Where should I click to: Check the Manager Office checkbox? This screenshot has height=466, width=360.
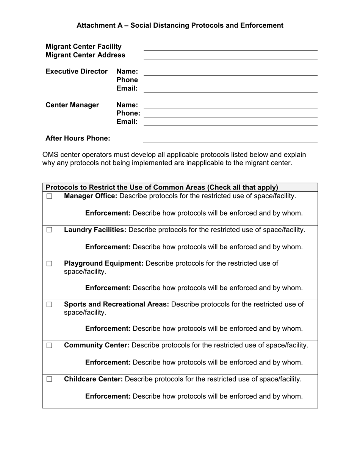point(49,196)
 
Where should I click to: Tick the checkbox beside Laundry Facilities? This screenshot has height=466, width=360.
point(49,230)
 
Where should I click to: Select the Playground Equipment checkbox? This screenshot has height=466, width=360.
point(49,264)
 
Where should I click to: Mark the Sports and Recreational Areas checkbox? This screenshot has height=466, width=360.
point(49,305)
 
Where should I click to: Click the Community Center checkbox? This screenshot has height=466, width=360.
point(49,346)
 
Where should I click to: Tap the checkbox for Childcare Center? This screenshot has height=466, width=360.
point(49,379)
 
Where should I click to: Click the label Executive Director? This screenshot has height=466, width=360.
point(77,72)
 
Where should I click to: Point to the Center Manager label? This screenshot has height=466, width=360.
point(72,105)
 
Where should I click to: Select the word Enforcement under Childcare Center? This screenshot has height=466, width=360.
point(108,396)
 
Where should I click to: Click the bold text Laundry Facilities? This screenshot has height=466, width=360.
point(95,230)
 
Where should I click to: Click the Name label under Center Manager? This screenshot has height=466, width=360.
point(127,105)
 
